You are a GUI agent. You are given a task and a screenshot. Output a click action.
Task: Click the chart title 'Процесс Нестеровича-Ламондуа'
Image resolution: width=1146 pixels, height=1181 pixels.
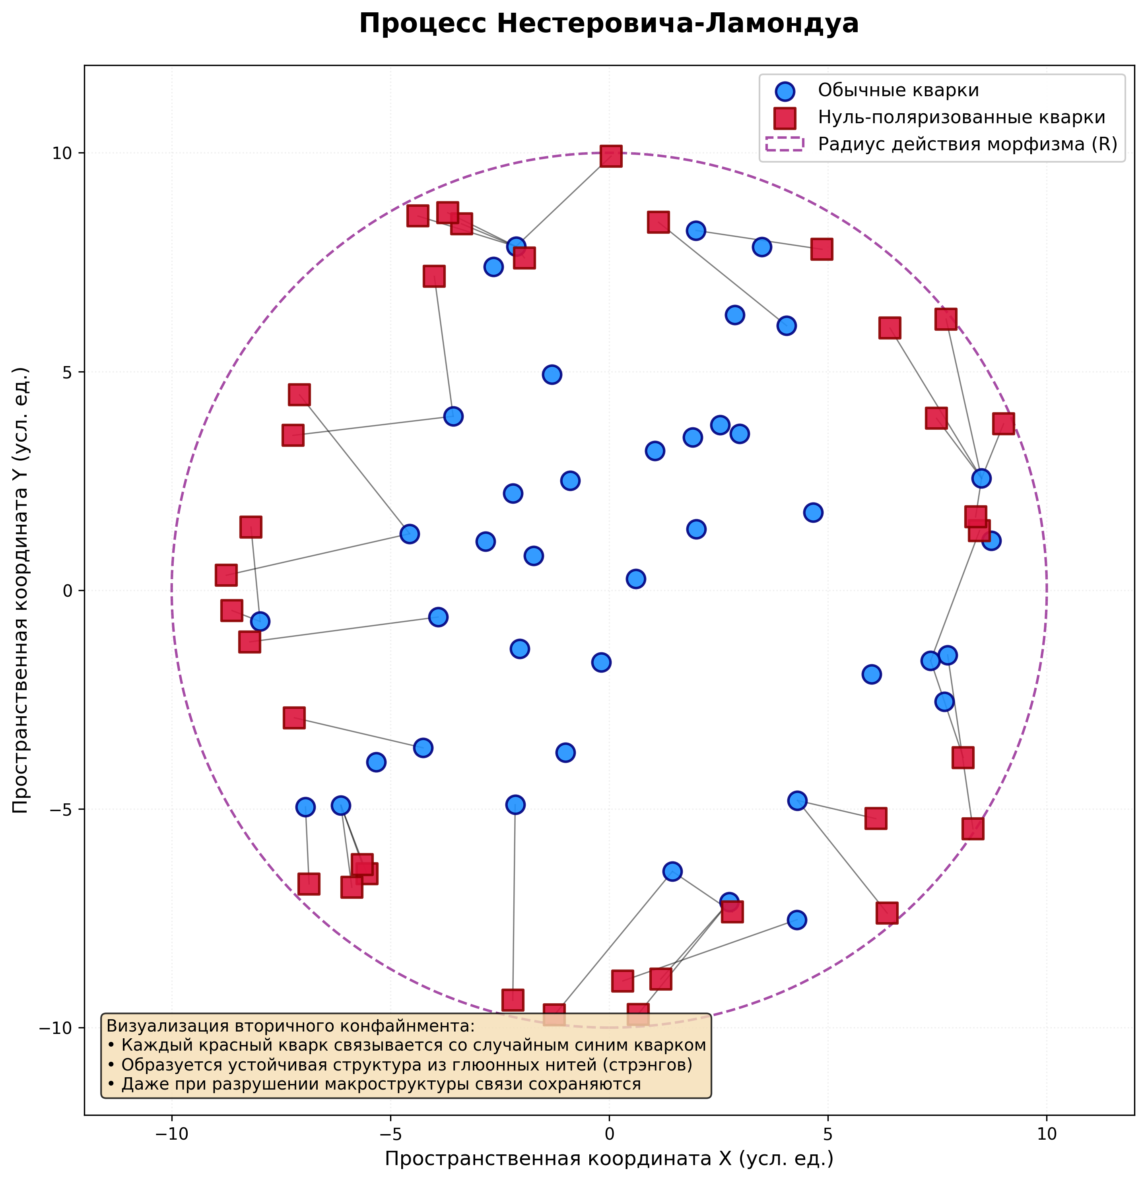coord(609,25)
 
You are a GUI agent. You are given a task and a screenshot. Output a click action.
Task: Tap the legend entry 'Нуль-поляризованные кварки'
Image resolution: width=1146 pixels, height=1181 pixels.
coord(961,118)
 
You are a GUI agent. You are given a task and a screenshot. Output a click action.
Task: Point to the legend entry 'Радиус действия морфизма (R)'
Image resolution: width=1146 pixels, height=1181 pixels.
coord(967,145)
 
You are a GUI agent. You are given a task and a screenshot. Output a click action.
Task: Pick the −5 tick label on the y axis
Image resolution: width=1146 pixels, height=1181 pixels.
coord(57,809)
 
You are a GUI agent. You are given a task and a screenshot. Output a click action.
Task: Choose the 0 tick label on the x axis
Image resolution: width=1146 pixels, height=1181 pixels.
coord(609,1134)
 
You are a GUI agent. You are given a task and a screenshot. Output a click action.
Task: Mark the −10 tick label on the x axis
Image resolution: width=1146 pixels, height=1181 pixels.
coord(171,1134)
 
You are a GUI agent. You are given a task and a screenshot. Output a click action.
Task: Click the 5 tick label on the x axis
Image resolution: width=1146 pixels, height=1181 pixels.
coord(828,1134)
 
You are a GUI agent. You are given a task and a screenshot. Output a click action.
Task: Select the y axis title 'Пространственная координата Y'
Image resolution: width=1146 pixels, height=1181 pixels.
coord(21,591)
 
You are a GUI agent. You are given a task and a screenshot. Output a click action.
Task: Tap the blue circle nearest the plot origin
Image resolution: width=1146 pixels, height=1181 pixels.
coord(635,578)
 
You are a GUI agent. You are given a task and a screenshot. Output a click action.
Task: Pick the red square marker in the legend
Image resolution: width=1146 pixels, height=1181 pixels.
coord(785,118)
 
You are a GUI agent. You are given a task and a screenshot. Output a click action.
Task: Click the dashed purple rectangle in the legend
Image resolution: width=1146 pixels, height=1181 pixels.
coord(785,145)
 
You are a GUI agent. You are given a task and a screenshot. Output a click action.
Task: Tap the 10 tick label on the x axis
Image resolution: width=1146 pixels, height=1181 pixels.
coord(1047,1134)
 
